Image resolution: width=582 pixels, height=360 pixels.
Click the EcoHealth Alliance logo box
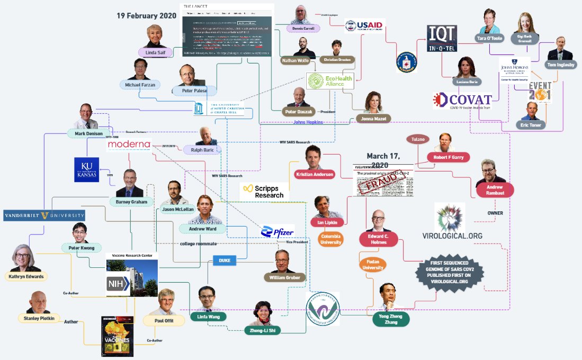point(330,81)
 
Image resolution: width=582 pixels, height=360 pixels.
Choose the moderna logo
point(129,145)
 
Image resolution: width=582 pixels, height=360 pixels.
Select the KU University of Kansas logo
point(86,170)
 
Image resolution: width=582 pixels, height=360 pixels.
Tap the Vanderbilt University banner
point(44,215)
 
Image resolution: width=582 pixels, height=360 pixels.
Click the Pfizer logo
point(277,231)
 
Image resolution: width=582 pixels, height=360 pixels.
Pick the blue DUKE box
point(225,260)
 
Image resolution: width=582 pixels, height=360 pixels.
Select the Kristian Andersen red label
point(315,174)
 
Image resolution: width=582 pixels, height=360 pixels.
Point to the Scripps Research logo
point(264,191)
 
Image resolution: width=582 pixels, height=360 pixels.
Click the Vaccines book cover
point(117,336)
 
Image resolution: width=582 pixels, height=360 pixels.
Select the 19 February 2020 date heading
point(146,16)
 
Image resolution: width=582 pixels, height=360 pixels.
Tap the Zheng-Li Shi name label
point(262,330)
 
